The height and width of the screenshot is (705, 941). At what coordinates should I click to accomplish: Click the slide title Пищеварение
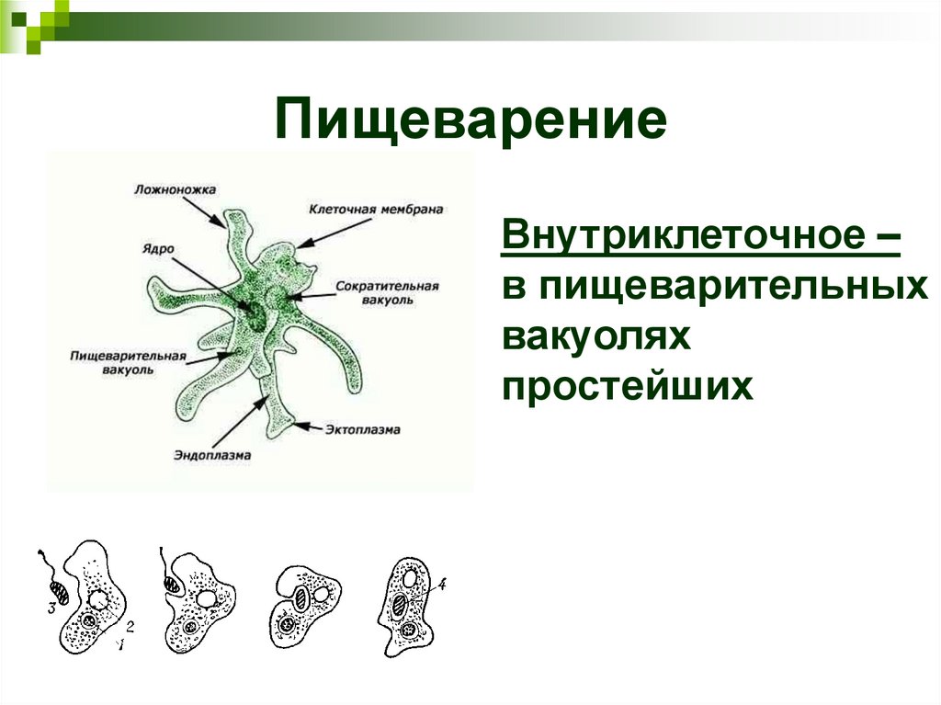click(470, 121)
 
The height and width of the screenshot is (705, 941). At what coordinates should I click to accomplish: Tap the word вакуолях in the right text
click(595, 337)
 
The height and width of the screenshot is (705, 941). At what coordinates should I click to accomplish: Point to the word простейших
click(628, 386)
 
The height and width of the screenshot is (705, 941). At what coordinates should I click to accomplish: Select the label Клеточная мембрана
click(376, 209)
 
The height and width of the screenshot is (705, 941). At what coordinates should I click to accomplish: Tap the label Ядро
click(158, 248)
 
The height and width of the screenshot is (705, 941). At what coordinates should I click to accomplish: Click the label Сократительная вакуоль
click(387, 292)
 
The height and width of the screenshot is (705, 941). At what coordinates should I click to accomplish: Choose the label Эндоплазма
click(212, 454)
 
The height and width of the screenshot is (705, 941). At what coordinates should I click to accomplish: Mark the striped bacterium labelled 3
click(59, 590)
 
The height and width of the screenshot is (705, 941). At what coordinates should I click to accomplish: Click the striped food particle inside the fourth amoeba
click(402, 605)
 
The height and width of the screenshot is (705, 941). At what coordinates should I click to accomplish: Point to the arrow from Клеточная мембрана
click(322, 235)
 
